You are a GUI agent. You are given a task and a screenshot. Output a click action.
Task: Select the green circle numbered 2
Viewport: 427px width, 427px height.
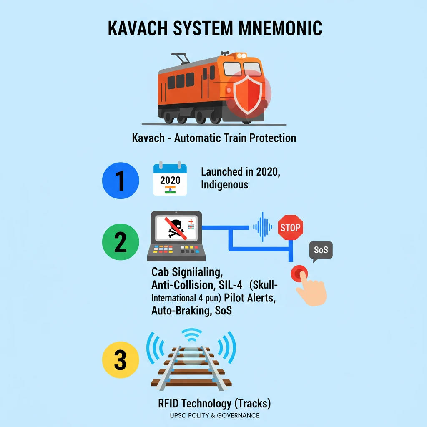[120, 242]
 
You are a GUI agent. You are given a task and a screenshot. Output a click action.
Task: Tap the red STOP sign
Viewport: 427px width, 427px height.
[290, 228]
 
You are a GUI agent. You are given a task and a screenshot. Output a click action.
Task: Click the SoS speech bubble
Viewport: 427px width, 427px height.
[320, 251]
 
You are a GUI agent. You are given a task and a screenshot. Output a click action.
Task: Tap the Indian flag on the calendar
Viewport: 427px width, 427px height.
[170, 190]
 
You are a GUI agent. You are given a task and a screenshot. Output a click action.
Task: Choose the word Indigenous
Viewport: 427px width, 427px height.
[224, 185]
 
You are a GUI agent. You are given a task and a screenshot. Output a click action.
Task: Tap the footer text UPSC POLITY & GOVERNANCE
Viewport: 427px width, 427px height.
[214, 415]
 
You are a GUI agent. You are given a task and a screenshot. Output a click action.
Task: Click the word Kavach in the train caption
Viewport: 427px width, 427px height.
[148, 138]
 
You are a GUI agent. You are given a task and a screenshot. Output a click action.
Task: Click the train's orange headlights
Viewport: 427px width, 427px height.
[241, 55]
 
